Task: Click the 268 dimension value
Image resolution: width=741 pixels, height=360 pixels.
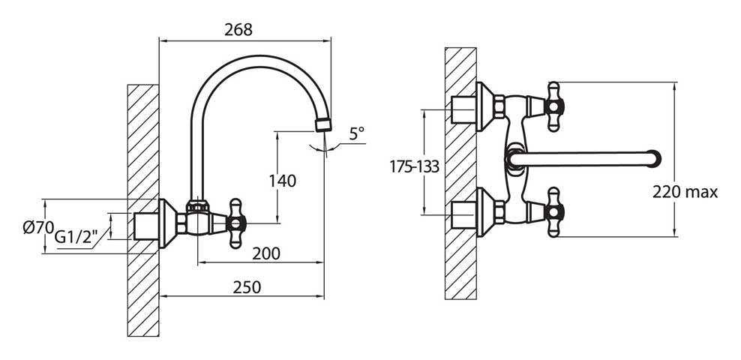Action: click(238, 30)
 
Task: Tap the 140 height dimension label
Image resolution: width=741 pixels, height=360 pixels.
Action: click(283, 181)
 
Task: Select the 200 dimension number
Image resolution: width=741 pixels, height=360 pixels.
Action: click(266, 253)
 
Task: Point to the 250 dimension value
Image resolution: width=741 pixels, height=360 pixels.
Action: click(247, 286)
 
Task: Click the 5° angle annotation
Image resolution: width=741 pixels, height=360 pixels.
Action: click(357, 133)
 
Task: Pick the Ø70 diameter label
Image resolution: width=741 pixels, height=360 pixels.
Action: click(38, 227)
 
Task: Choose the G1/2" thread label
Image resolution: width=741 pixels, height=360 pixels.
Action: click(76, 236)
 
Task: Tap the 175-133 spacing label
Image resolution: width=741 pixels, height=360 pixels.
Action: click(415, 166)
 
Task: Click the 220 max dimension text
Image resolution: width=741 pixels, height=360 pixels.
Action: click(685, 192)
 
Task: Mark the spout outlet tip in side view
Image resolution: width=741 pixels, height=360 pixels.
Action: click(323, 124)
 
